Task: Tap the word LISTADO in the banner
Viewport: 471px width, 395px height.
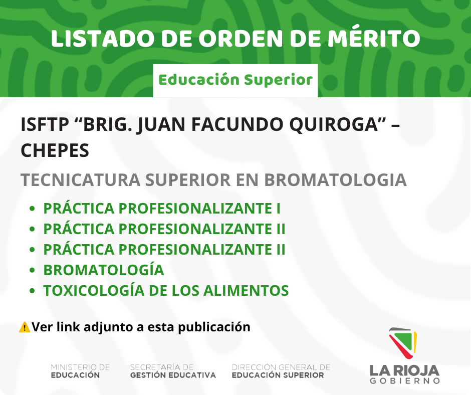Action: tap(103, 39)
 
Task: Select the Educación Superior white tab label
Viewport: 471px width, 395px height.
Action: tap(235, 80)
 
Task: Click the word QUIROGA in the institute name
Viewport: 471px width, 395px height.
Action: tap(333, 124)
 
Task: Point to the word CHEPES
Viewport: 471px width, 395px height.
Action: tap(55, 150)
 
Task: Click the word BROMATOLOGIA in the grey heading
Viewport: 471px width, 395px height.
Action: tap(335, 180)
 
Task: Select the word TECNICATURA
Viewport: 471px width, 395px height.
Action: tap(80, 180)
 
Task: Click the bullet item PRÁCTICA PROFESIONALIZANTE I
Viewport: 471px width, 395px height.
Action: tap(162, 208)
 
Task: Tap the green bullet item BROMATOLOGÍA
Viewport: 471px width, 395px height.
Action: tap(104, 270)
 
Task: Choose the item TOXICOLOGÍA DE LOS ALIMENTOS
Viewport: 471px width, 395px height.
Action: tap(166, 290)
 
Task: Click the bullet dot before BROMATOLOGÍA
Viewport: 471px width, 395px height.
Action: tap(33, 270)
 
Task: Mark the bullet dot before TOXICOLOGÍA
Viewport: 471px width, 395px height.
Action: tap(33, 291)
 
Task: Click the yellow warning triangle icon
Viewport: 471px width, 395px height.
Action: tap(25, 327)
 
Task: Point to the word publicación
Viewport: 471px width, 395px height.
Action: tap(214, 327)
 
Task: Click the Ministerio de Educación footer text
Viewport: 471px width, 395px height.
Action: tap(81, 371)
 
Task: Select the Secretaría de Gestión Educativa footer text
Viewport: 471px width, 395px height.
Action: tap(173, 371)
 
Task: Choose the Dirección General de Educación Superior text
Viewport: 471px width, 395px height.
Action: tap(281, 371)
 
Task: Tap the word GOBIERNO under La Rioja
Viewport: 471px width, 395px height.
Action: tap(405, 381)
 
